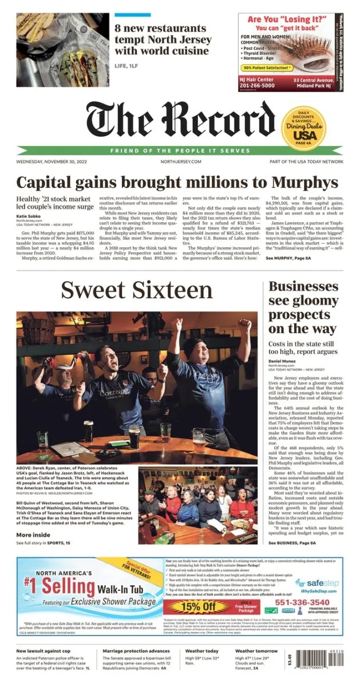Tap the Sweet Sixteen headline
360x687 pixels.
tap(137, 290)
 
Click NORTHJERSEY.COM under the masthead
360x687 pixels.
tap(181, 162)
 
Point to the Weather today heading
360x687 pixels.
tap(202, 651)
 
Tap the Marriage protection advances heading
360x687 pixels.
tap(135, 651)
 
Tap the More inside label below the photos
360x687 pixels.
tap(33, 535)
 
